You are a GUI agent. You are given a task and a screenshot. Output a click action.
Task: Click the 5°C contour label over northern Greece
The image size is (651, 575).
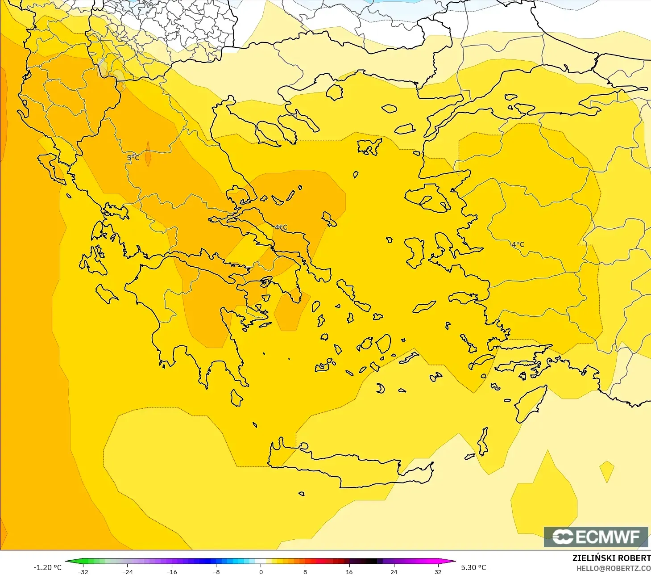point(133,158)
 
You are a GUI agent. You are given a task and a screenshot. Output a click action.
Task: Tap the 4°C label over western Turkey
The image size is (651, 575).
point(518,244)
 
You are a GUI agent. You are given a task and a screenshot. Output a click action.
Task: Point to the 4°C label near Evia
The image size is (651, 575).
point(281,227)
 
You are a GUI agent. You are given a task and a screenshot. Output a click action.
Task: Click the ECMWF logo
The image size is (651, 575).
point(596,537)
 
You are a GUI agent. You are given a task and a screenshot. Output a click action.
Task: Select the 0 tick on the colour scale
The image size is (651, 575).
point(261,571)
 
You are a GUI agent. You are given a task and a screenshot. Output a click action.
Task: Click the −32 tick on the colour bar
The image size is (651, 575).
point(83,571)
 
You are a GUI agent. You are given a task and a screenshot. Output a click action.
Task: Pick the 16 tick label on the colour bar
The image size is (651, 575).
point(349,571)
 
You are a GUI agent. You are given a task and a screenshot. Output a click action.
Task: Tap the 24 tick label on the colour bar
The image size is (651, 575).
point(394,571)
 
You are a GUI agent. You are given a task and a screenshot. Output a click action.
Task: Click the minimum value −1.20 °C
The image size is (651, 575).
point(47,567)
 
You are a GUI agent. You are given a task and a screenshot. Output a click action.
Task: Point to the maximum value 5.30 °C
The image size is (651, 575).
point(473,567)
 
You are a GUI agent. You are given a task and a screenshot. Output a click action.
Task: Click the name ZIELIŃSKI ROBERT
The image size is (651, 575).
point(611,558)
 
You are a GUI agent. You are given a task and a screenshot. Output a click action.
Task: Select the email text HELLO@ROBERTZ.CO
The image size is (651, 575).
point(613,568)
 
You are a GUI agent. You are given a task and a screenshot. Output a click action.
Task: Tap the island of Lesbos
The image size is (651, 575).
point(428,197)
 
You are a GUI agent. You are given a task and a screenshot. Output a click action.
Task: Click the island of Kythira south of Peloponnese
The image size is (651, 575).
point(236,398)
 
